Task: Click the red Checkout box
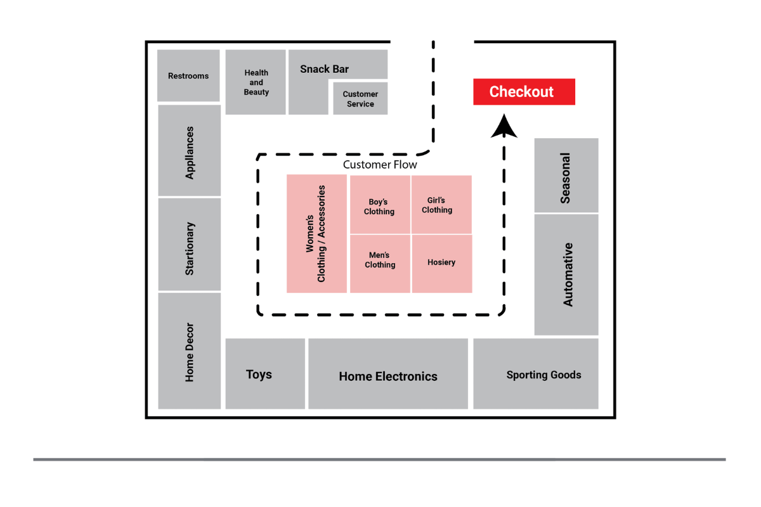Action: [524, 92]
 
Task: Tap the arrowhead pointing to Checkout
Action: [504, 126]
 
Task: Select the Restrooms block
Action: [188, 75]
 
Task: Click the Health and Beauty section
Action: [256, 82]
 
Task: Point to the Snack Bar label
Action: [324, 69]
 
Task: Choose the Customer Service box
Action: [360, 99]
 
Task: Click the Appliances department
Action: [189, 151]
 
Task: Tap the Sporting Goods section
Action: [536, 374]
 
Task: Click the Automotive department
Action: [566, 274]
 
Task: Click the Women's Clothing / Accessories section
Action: [316, 234]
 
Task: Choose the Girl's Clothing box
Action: [441, 205]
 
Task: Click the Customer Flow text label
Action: [380, 165]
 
